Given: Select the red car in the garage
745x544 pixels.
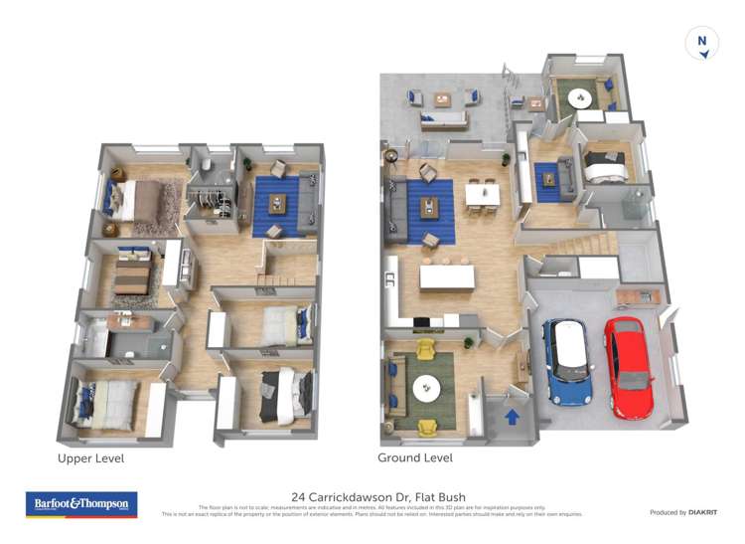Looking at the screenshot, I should coord(630,368).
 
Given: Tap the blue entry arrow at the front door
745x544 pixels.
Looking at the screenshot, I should coord(513,417).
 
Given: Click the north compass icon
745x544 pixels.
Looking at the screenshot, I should coord(702,44).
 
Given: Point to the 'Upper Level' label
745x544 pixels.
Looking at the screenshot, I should coord(91,458).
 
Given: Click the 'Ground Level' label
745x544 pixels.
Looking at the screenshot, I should coord(415,458).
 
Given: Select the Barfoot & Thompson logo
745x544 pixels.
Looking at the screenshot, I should coord(81,504).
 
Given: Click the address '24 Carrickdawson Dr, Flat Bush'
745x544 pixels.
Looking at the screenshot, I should coord(378,496).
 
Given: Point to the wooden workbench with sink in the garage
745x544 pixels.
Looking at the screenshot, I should coord(636,296).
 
